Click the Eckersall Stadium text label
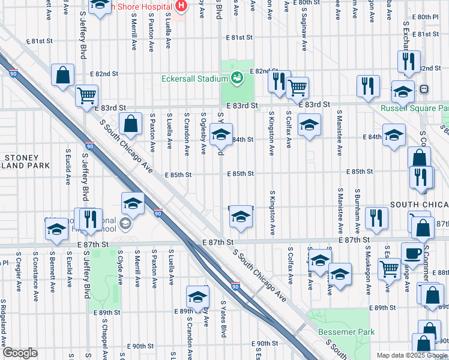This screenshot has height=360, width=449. pos(194,79)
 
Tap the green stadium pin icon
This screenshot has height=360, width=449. pos(237,78)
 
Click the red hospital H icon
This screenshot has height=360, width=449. pos(182,6)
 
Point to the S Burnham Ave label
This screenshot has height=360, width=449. pos(357,212)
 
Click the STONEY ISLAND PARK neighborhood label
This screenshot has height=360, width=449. pos(26,161)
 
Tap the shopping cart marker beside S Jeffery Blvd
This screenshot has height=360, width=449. pos(87,95)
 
